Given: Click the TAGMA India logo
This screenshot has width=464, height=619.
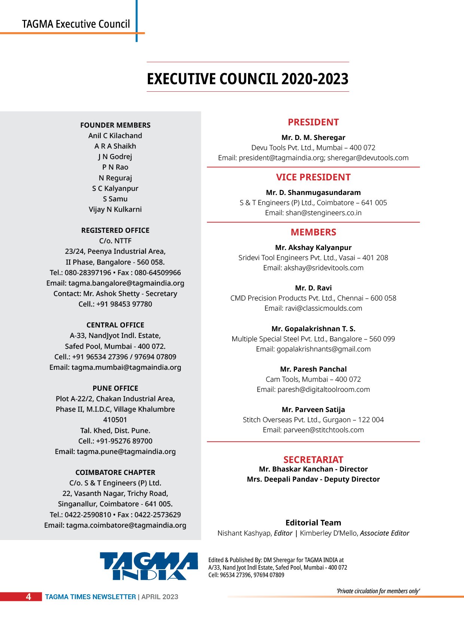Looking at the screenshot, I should (x=149, y=566).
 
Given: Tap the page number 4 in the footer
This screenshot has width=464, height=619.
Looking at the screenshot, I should (x=28, y=597).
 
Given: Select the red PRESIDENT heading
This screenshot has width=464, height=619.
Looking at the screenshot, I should (x=313, y=122).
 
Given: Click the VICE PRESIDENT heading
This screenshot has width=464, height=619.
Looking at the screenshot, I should (x=313, y=177).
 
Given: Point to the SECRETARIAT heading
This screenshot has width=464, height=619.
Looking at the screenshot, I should (x=313, y=460).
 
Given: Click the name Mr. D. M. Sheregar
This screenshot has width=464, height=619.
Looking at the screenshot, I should (x=313, y=138).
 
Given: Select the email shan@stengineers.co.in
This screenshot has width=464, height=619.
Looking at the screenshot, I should (x=323, y=213).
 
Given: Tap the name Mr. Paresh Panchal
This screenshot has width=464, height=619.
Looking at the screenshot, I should (x=313, y=369).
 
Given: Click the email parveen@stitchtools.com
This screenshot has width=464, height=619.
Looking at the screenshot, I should (x=323, y=430).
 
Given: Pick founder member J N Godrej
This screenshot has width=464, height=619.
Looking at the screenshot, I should (x=115, y=157).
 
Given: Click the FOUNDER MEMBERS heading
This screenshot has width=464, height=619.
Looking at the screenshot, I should (x=115, y=125).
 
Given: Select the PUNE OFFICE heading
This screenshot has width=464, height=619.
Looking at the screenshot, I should (x=115, y=388).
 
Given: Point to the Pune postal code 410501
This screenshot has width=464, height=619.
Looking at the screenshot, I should (x=115, y=420).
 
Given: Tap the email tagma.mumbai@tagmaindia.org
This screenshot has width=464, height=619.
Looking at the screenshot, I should (x=126, y=368).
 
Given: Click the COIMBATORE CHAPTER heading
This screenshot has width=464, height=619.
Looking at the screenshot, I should (x=115, y=473).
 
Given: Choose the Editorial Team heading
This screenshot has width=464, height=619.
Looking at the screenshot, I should (x=313, y=523).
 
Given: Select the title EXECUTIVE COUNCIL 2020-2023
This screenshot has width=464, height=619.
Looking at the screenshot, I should (x=247, y=79).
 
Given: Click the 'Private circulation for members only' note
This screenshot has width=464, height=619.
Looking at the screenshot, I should (x=378, y=591).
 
